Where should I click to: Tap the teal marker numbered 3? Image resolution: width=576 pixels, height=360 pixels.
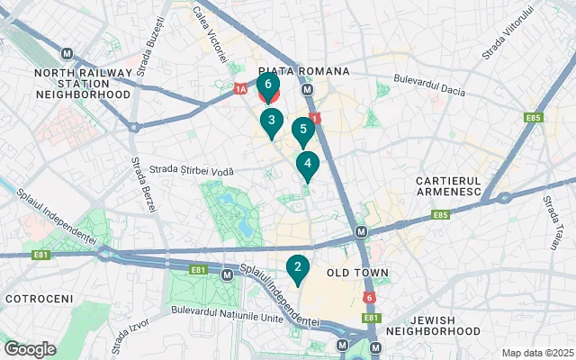point(272,121)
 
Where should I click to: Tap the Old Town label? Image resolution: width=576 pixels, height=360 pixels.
point(357,273)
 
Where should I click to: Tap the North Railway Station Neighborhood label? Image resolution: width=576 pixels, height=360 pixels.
point(83,83)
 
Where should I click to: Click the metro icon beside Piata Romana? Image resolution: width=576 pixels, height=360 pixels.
point(308,90)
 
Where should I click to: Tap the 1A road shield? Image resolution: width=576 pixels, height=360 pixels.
point(239,88)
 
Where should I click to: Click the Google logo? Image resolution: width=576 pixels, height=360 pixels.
point(30,349)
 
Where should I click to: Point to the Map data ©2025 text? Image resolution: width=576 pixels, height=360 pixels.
point(536,353)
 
